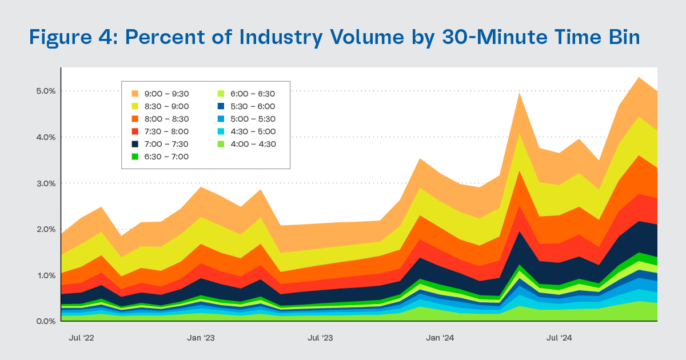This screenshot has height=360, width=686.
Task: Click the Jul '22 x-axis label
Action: click(81, 338)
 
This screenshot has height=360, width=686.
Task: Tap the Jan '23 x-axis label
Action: click(201, 338)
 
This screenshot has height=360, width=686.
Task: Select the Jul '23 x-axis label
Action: click(320, 338)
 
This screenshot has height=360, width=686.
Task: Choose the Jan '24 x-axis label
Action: click(440, 338)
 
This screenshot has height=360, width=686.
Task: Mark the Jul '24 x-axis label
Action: click(560, 338)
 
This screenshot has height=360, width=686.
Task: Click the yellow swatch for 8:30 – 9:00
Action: click(135, 106)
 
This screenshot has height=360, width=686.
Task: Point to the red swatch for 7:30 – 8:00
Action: click(135, 131)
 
